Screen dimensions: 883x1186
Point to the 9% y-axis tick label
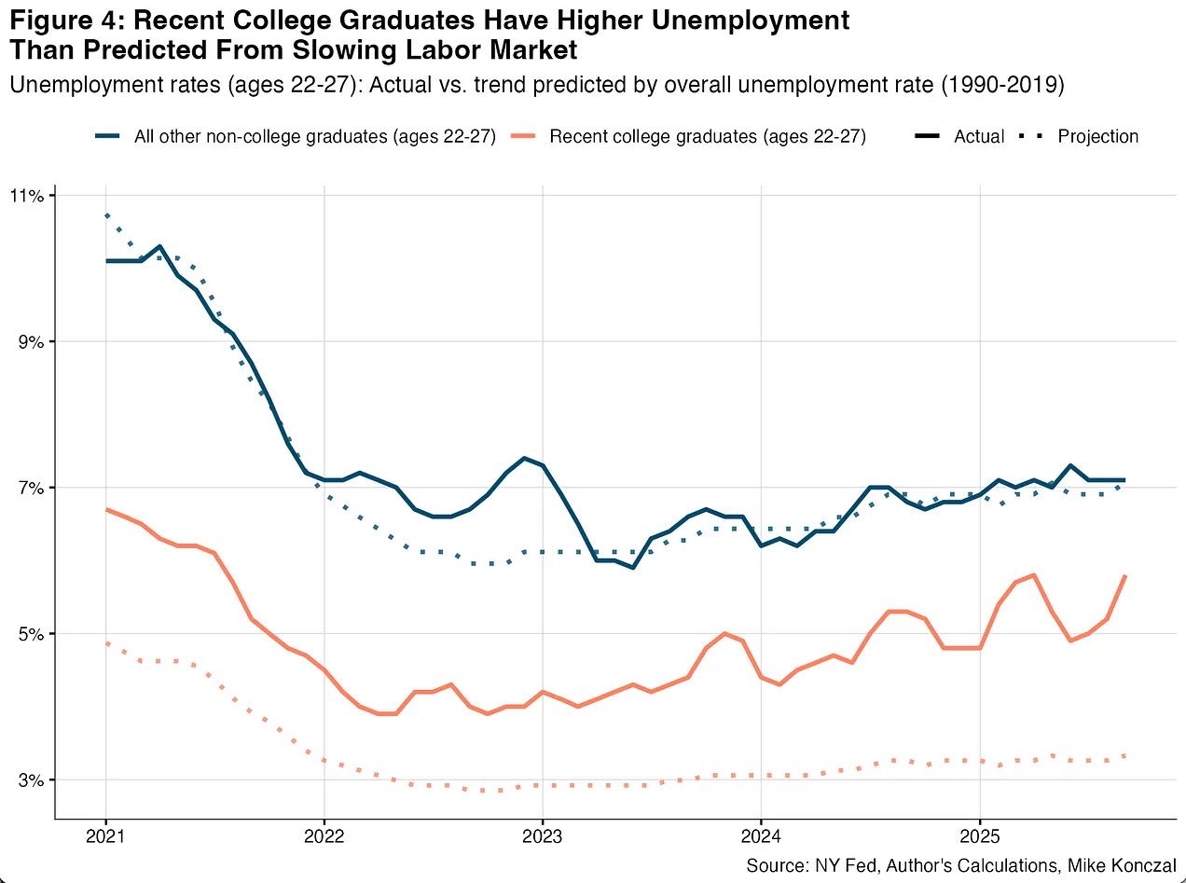coord(28,342)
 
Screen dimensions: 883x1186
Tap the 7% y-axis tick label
coord(28,488)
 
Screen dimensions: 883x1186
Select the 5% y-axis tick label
coord(28,634)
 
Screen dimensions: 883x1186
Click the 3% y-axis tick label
coord(28,780)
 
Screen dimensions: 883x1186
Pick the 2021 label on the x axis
coord(105,834)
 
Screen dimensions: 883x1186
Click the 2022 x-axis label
coord(324,834)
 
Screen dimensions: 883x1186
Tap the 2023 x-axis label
coord(543,834)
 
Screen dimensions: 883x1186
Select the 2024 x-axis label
coord(761,834)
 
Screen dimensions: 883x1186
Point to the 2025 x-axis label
coord(979,834)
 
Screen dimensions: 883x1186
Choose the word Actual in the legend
coord(979,137)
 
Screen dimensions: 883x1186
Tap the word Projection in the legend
coord(1097,137)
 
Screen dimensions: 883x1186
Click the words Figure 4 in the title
coord(61,21)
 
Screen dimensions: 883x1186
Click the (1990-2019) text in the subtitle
coord(1002,85)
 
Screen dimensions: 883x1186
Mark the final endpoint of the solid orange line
coord(1125,576)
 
